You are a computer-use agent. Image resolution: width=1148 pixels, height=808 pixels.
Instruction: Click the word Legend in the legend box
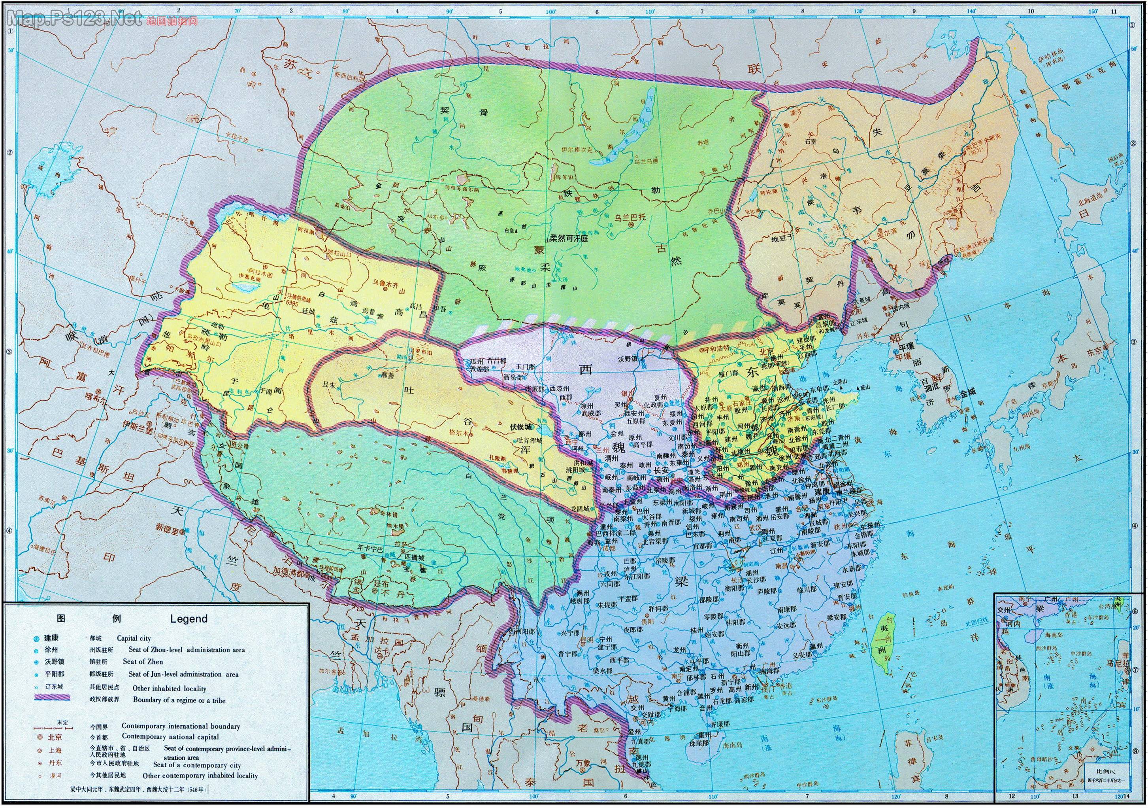point(189,619)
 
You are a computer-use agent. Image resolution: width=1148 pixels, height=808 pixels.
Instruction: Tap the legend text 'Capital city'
point(134,638)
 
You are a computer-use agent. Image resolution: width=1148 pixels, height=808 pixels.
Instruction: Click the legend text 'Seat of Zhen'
point(143,661)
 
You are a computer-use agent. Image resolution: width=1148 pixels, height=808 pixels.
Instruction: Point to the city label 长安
point(661,471)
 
